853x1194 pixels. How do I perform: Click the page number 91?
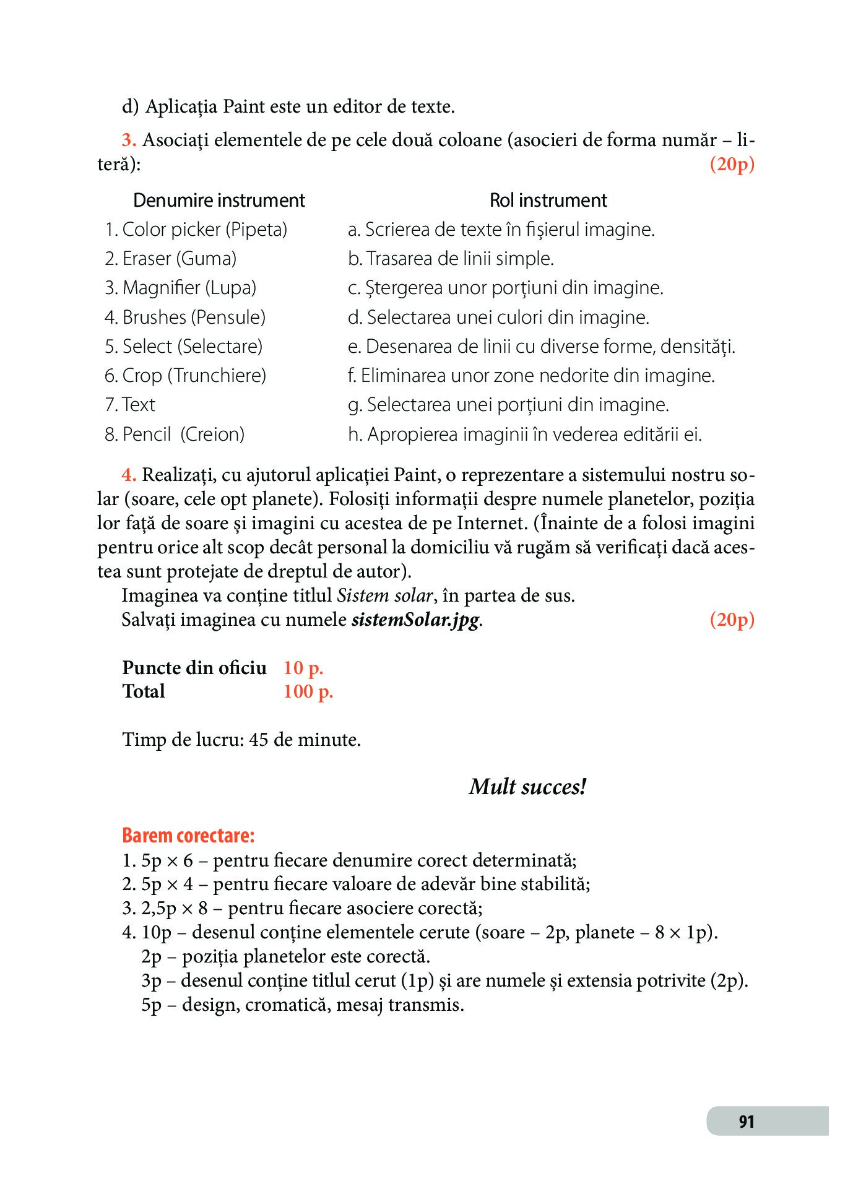pyautogui.click(x=746, y=1121)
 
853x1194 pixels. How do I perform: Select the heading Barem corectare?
pyautogui.click(x=188, y=836)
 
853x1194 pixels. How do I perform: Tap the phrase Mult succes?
pyautogui.click(x=527, y=787)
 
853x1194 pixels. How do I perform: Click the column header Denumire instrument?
pyautogui.click(x=219, y=201)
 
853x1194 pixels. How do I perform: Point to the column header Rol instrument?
pyautogui.click(x=548, y=201)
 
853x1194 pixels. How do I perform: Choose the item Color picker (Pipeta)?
pyautogui.click(x=196, y=230)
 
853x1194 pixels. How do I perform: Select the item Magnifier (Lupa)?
pyautogui.click(x=181, y=288)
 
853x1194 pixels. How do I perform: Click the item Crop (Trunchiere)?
pyautogui.click(x=186, y=376)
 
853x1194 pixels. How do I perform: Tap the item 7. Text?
pyautogui.click(x=130, y=405)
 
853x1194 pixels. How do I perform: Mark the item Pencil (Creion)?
pyautogui.click(x=175, y=435)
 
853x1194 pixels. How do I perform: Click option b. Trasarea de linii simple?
pyautogui.click(x=451, y=259)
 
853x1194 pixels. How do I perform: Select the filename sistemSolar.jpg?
pyautogui.click(x=415, y=620)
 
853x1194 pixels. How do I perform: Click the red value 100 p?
pyautogui.click(x=308, y=691)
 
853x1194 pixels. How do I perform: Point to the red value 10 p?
pyautogui.click(x=303, y=668)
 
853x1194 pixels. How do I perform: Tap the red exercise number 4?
pyautogui.click(x=128, y=475)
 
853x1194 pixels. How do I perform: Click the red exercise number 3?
pyautogui.click(x=128, y=140)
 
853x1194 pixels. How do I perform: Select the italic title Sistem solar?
pyautogui.click(x=384, y=595)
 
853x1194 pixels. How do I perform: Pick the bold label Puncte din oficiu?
pyautogui.click(x=194, y=668)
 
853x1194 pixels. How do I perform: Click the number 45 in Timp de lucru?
pyautogui.click(x=258, y=740)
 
